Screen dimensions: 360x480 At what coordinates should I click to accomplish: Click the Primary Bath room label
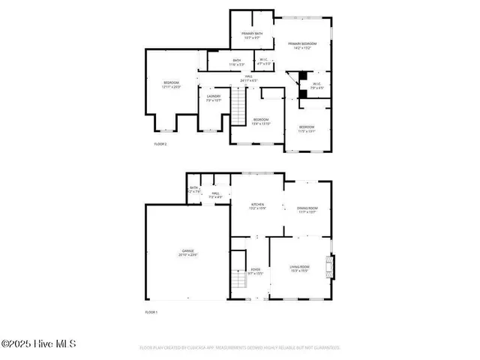252,35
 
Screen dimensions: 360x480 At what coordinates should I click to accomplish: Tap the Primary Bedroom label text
303,46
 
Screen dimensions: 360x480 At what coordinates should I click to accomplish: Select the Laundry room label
214,97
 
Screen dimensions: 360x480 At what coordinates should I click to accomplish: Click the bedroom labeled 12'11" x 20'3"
172,84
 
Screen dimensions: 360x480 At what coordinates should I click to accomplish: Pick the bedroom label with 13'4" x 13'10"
260,121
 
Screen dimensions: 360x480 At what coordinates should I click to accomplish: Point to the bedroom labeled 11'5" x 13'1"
307,129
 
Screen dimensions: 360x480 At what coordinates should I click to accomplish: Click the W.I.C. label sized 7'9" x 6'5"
316,85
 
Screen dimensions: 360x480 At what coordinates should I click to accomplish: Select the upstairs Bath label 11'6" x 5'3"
237,62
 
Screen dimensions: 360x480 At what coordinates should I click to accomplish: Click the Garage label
187,253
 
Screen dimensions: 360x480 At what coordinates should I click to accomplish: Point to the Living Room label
300,268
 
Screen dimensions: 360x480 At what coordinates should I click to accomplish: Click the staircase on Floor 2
238,106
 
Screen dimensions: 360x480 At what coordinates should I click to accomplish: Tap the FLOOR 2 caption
160,143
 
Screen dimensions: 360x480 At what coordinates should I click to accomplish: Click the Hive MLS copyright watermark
39,345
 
